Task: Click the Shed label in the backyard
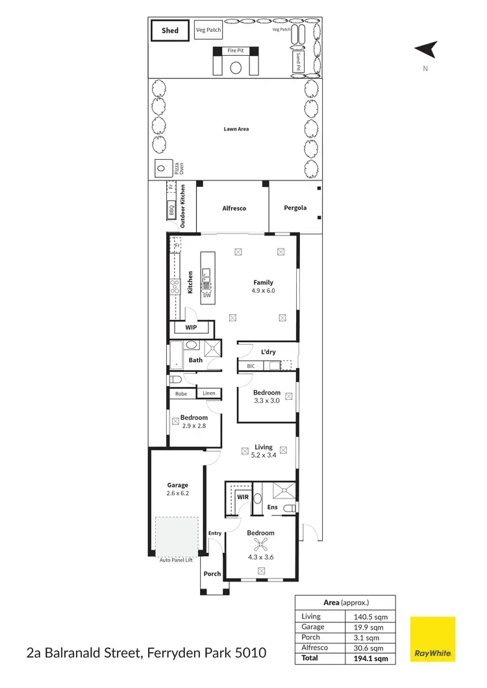click(x=169, y=31)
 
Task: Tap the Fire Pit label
click(x=235, y=50)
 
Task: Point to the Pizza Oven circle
click(x=161, y=169)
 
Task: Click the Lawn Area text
click(x=236, y=129)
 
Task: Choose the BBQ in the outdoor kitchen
click(x=171, y=210)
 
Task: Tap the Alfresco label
click(x=234, y=208)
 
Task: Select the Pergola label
click(x=295, y=208)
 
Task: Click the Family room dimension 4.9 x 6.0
click(x=263, y=291)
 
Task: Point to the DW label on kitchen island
click(x=207, y=295)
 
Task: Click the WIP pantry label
click(x=192, y=328)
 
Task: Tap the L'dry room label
click(x=268, y=352)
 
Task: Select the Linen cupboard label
click(x=208, y=393)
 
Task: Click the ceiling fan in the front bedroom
click(x=262, y=545)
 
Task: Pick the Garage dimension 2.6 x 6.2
click(x=177, y=493)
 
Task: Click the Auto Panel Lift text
click(x=176, y=559)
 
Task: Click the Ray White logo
click(x=432, y=640)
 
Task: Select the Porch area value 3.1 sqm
click(x=368, y=637)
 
